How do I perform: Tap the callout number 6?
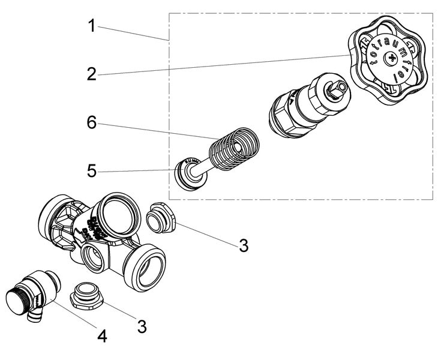91,122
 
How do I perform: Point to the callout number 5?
91,171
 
